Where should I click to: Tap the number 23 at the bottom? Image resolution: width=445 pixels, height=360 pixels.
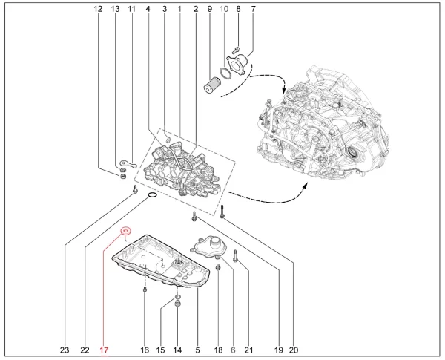point(65,350)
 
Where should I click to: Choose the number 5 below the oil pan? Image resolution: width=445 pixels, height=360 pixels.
point(197,350)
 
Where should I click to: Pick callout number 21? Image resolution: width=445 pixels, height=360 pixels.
point(248,350)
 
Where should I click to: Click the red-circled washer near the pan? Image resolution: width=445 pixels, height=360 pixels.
point(125,231)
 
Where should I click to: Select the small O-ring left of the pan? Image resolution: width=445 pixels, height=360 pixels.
point(151,196)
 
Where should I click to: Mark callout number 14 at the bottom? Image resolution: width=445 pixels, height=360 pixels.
point(177,350)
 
